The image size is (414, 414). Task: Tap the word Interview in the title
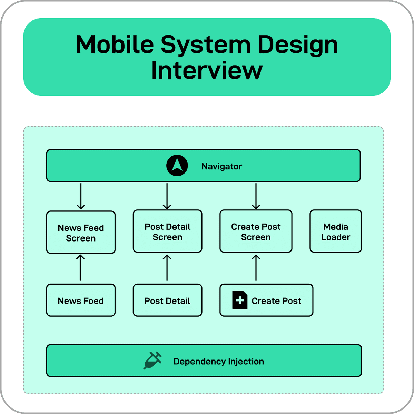tap(207, 70)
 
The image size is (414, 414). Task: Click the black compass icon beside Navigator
tap(177, 166)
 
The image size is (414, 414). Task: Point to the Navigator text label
tap(221, 166)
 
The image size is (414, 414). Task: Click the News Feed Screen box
tap(81, 233)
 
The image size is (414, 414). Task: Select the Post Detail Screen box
tap(167, 231)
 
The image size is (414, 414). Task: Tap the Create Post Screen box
tap(256, 231)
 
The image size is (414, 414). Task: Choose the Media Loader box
tap(336, 231)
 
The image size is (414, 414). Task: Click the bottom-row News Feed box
tap(81, 300)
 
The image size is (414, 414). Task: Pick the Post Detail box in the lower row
tap(167, 300)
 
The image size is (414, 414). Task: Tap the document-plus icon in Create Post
tap(240, 300)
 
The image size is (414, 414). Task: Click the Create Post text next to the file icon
tap(276, 301)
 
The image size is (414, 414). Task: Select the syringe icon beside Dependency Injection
tap(152, 361)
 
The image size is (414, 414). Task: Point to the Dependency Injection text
tap(218, 361)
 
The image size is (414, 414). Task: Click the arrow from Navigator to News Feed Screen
tap(81, 196)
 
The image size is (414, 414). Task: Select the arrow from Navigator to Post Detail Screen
tap(167, 196)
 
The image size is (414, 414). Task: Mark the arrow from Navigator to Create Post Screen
tap(256, 196)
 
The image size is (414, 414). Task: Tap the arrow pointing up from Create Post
tap(256, 268)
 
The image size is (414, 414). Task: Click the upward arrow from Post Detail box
tap(167, 268)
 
